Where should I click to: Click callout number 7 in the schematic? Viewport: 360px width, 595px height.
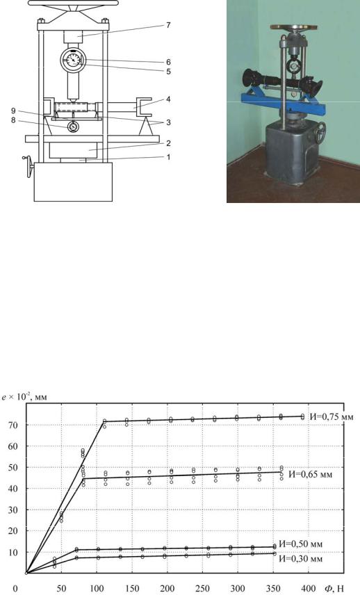168,26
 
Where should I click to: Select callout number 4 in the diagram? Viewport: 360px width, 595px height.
168,99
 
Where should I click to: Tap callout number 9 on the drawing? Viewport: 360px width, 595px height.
13,111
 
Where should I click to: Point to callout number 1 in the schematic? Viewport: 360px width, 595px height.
168,156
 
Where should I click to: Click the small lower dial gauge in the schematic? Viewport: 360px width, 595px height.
73,127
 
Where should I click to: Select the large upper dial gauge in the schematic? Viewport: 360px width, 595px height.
73,60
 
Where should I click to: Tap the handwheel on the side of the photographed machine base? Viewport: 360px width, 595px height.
320,133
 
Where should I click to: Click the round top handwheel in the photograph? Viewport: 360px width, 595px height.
294,27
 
